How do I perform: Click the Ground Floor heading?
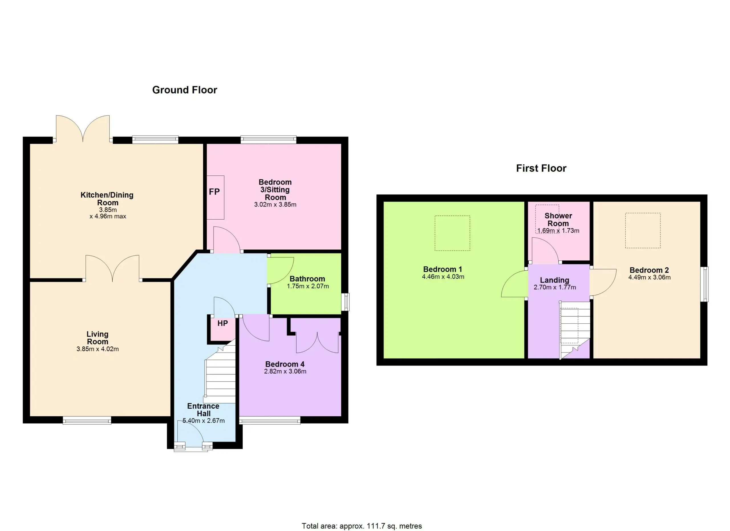184,90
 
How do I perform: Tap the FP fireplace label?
214,192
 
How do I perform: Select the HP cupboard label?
222,323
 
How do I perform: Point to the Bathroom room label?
307,279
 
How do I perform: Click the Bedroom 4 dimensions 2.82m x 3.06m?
285,371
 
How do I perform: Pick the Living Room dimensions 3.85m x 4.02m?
98,349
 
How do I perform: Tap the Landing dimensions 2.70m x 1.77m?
555,287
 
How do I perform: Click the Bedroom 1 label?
443,269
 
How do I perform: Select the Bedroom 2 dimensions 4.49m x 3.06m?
650,277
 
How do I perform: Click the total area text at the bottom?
362,526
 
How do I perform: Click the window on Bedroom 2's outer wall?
705,284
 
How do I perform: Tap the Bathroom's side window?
345,302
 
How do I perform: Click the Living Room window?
87,420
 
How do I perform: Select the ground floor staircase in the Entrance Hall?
220,373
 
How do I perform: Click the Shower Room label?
558,220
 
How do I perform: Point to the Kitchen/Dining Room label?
107,199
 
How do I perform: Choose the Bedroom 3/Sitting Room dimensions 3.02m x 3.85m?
275,204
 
